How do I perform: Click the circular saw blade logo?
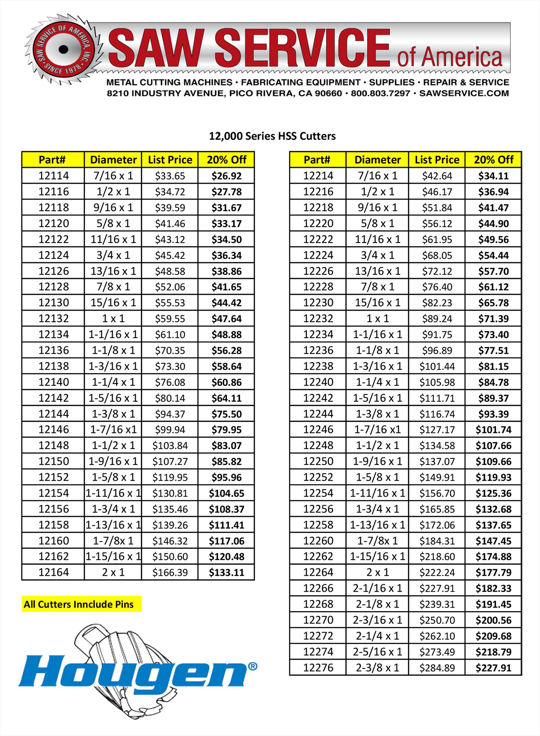(x=63, y=49)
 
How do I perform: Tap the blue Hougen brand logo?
(x=137, y=671)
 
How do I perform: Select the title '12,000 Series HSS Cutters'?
(x=272, y=136)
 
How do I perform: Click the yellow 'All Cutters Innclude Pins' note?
(x=79, y=604)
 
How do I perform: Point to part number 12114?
(x=53, y=176)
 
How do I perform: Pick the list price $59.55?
(x=170, y=319)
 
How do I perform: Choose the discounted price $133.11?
(x=226, y=572)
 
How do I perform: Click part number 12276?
(x=318, y=668)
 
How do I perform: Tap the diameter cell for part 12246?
(x=377, y=429)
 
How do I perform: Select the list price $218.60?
(x=437, y=556)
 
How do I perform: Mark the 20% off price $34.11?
(x=493, y=176)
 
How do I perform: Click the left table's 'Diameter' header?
(x=113, y=159)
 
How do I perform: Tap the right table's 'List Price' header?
(x=437, y=159)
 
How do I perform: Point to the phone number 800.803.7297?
(x=380, y=93)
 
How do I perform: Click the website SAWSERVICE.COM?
(x=464, y=93)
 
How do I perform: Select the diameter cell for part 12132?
(x=113, y=319)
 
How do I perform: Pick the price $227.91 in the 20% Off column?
(x=493, y=668)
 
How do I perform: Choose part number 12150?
(x=53, y=461)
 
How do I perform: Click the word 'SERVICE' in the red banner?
(x=302, y=49)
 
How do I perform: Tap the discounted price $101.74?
(x=493, y=429)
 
